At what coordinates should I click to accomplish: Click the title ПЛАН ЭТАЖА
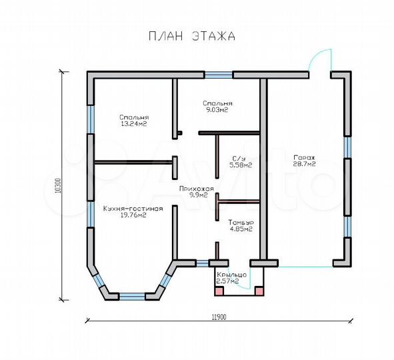[192, 36]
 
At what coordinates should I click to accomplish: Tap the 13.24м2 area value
[134, 124]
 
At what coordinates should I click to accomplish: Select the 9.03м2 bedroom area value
[217, 110]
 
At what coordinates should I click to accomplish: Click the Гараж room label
[304, 158]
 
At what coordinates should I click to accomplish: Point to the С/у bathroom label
[239, 159]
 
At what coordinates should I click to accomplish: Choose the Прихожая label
[197, 189]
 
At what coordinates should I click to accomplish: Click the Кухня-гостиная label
[133, 209]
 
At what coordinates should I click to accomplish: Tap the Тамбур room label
[241, 223]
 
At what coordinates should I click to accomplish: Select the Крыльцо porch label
[232, 275]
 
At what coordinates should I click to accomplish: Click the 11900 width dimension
[219, 317]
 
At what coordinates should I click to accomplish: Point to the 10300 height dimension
[58, 185]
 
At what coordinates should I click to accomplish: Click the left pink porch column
[219, 291]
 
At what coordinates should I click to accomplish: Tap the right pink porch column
[259, 291]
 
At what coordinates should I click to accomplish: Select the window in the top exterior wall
[218, 75]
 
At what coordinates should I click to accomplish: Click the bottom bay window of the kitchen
[133, 297]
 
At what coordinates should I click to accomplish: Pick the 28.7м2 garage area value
[304, 164]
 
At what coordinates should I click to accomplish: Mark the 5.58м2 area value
[241, 165]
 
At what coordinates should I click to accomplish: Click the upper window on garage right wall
[347, 147]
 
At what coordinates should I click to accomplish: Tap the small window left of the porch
[202, 263]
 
